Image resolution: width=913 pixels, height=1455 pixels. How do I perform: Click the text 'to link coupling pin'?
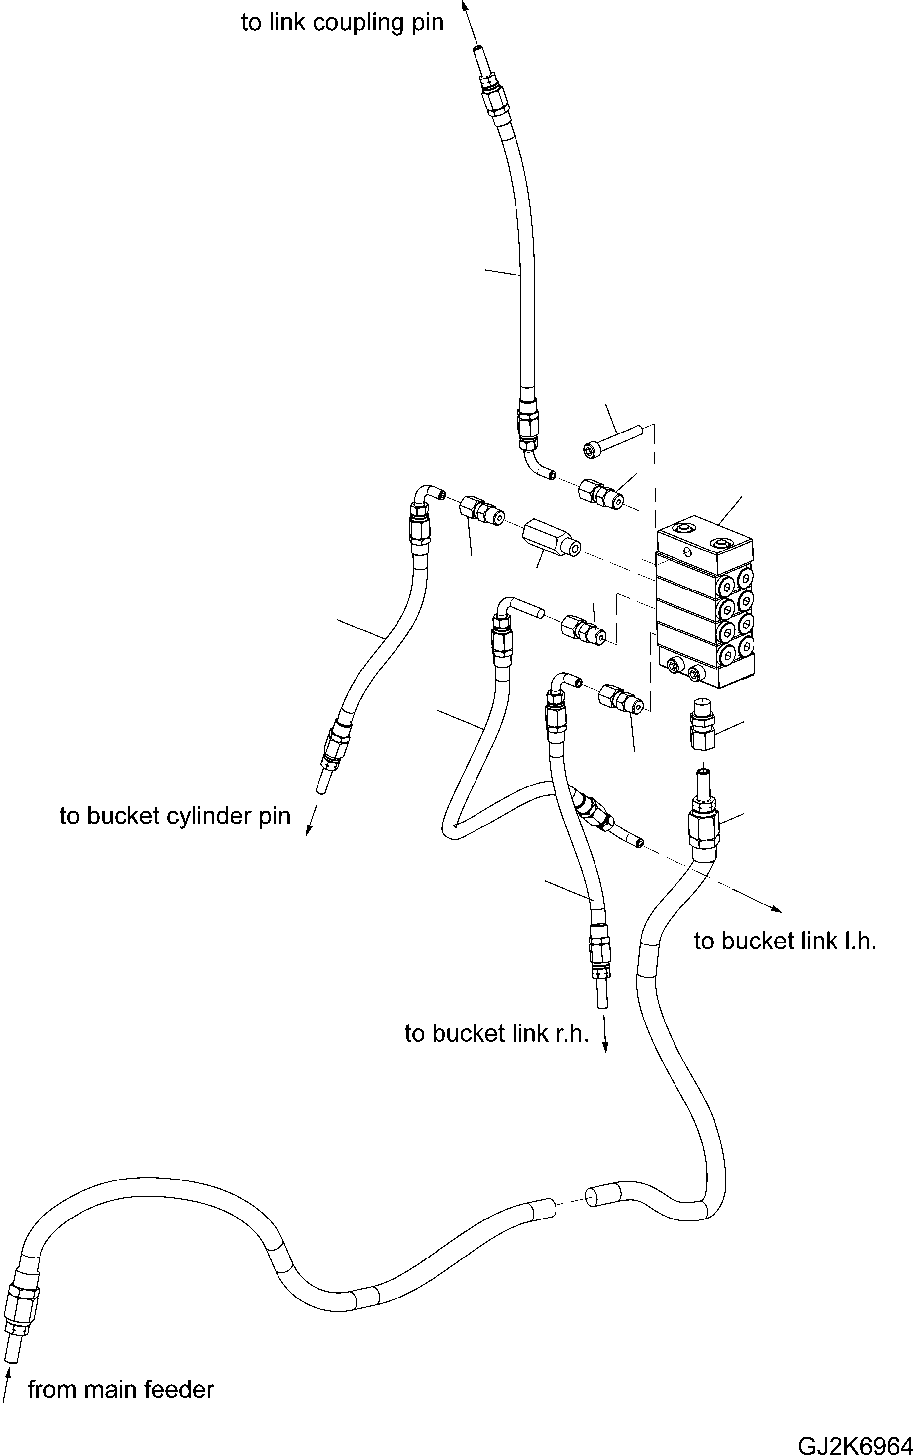click(x=342, y=23)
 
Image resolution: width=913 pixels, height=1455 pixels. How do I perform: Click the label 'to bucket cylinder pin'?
click(x=175, y=816)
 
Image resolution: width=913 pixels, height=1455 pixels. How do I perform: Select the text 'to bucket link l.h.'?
click(x=785, y=941)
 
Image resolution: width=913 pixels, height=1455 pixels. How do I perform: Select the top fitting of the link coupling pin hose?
click(x=491, y=90)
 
